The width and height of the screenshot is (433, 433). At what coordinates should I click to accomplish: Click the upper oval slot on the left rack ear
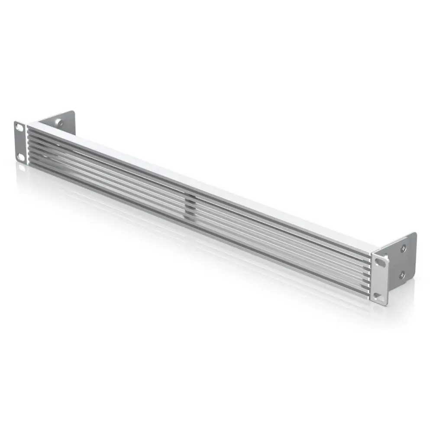click(19, 128)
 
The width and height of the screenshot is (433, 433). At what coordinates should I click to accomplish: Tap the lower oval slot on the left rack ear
click(20, 156)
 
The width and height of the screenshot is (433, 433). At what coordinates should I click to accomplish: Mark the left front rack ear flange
click(20, 142)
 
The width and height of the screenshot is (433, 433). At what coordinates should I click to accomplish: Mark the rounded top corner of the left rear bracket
click(73, 113)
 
